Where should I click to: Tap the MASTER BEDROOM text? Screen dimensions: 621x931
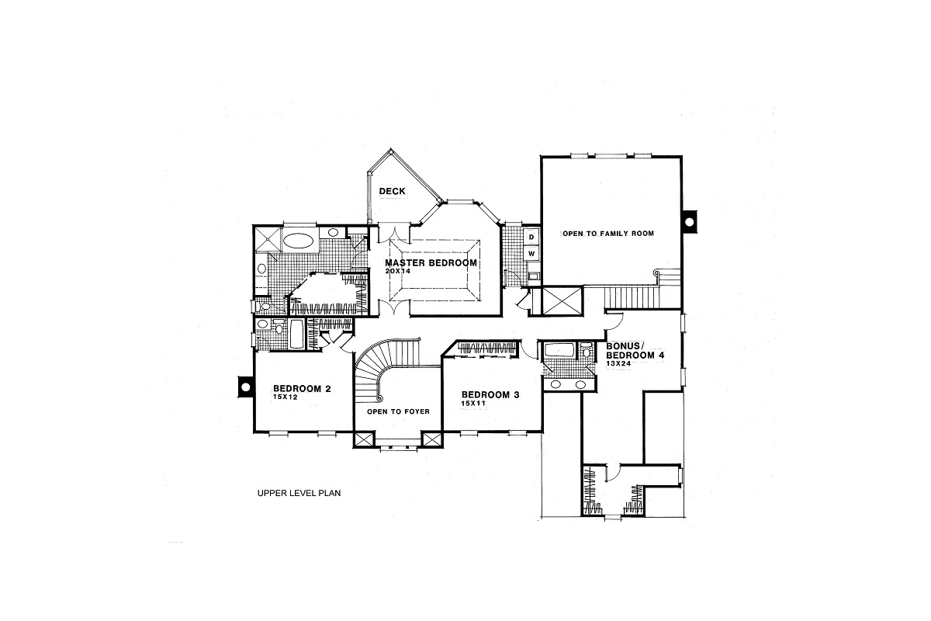click(x=431, y=263)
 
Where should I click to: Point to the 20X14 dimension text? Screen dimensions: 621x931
click(x=397, y=272)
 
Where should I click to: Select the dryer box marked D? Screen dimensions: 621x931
click(x=532, y=236)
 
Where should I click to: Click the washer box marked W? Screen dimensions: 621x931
click(x=532, y=254)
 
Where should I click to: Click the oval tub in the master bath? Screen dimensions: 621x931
click(x=298, y=240)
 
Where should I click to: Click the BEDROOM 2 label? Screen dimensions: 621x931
click(x=302, y=388)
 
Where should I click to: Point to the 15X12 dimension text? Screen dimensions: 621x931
click(x=286, y=397)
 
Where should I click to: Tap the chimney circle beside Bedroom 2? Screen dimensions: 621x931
click(x=244, y=385)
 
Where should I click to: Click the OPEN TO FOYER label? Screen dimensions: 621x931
click(x=398, y=411)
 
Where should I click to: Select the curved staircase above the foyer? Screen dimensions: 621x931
click(x=380, y=369)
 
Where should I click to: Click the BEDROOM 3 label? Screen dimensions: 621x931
click(x=490, y=394)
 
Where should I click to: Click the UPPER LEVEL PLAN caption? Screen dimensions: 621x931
click(x=299, y=492)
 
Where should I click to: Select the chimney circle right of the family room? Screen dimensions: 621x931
click(x=689, y=221)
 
